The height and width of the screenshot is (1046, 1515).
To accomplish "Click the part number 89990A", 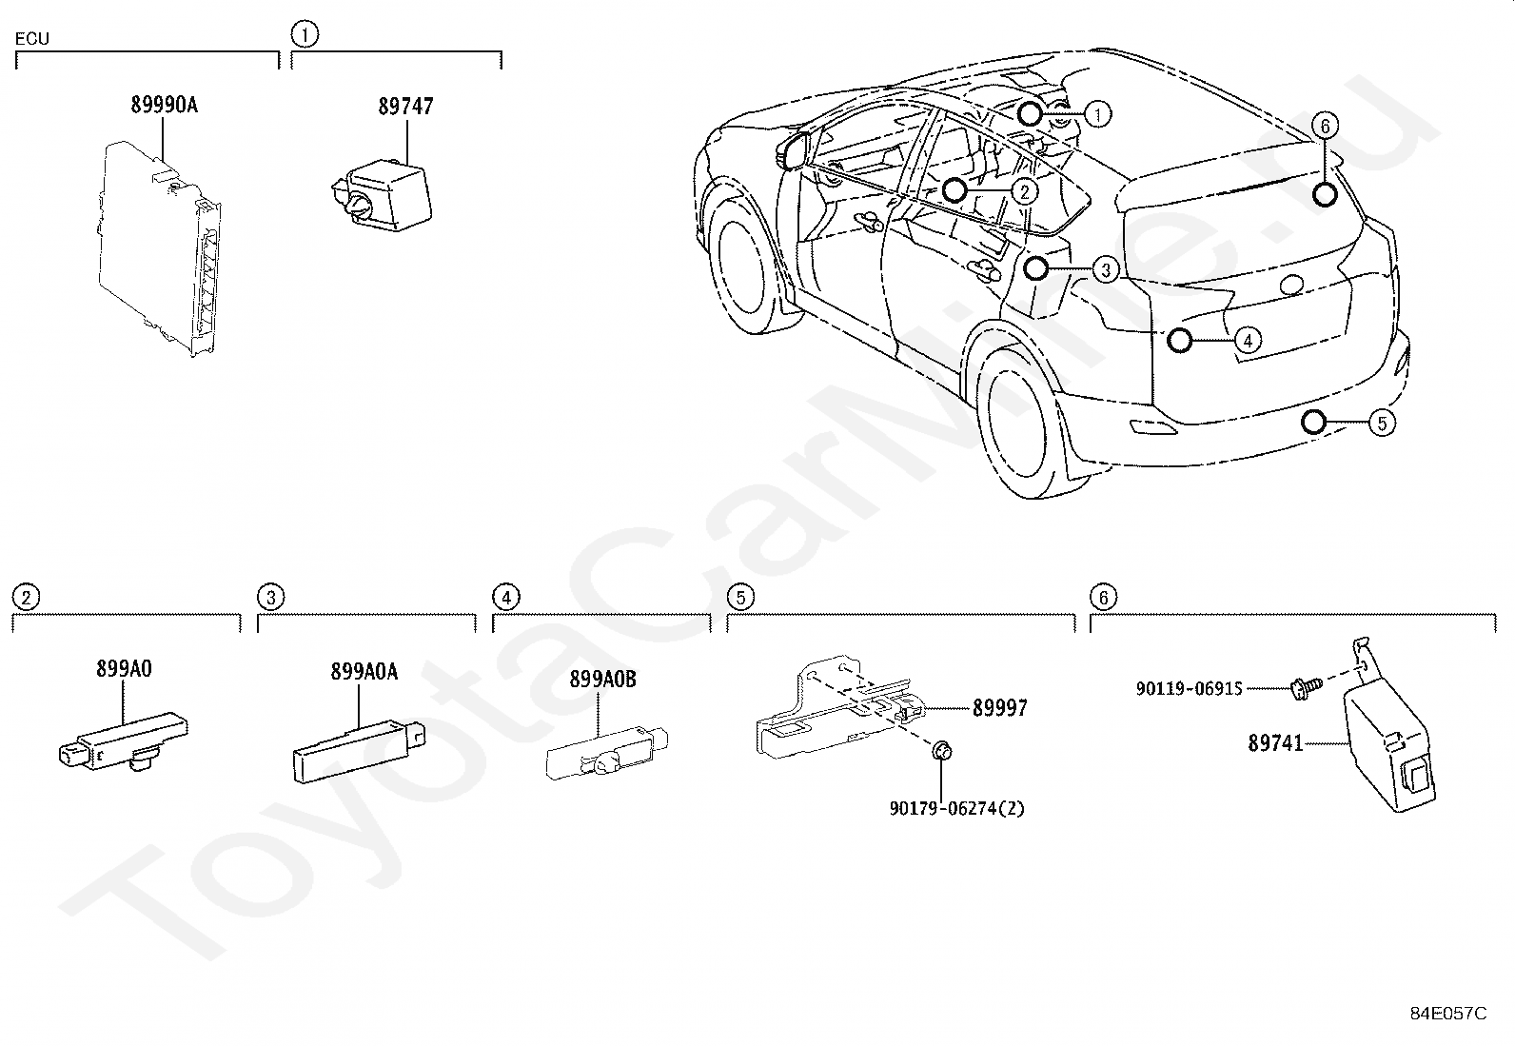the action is (x=165, y=105).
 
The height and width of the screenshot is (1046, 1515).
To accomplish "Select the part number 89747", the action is (x=405, y=107).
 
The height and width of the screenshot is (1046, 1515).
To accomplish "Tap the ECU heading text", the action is (x=31, y=39).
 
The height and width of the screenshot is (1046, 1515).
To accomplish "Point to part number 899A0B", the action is (x=602, y=679).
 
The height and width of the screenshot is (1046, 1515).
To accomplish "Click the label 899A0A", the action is (x=364, y=671).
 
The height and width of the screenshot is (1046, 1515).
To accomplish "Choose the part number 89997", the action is (x=999, y=708).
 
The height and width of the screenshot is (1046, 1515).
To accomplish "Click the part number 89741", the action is (x=1275, y=743).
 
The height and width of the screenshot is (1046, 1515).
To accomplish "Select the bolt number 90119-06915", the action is (x=1189, y=689).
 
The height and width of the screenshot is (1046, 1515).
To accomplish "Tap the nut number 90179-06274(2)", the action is (x=956, y=808).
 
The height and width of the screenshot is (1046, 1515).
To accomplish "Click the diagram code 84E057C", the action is (x=1448, y=1013).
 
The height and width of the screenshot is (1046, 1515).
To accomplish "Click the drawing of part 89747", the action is (x=382, y=194).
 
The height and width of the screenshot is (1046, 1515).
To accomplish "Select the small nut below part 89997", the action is (x=941, y=750).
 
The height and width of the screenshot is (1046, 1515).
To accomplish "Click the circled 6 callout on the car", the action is (x=1325, y=126).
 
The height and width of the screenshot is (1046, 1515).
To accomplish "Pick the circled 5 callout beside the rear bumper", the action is (x=1382, y=424).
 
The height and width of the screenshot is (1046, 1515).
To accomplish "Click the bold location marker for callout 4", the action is (x=1179, y=341).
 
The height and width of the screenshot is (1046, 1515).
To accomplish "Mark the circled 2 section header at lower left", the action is (x=27, y=598).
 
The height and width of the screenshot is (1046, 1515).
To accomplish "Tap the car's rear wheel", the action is (x=1021, y=420).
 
